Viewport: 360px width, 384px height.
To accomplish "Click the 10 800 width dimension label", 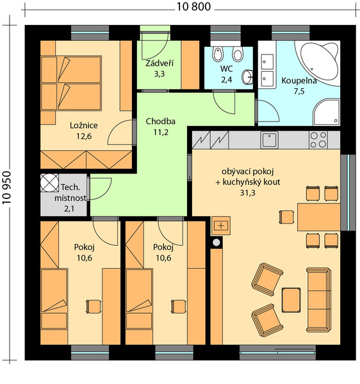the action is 193,6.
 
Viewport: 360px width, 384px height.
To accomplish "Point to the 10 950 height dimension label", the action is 7,188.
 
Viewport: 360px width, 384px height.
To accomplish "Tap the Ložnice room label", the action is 83,125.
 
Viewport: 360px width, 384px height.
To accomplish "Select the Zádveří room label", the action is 160,63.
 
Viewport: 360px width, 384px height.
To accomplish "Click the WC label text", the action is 226,69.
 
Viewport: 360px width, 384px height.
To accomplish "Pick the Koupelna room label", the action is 299,81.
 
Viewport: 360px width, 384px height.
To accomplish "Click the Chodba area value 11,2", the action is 161,132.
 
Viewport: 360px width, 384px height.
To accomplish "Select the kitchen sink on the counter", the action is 269,140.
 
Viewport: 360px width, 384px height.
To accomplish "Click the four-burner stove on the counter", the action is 318,140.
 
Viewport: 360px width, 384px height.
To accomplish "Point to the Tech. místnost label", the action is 70,193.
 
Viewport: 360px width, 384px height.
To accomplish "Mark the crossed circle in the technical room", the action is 49,182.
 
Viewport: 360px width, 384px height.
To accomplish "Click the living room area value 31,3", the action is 247,193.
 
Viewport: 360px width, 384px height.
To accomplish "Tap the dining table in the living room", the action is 318,217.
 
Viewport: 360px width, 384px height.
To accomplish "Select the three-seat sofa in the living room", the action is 318,300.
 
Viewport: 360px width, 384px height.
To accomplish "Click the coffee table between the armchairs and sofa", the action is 291,300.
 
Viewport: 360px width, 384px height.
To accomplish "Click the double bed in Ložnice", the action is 71,83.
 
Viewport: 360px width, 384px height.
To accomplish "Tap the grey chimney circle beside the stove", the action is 217,243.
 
